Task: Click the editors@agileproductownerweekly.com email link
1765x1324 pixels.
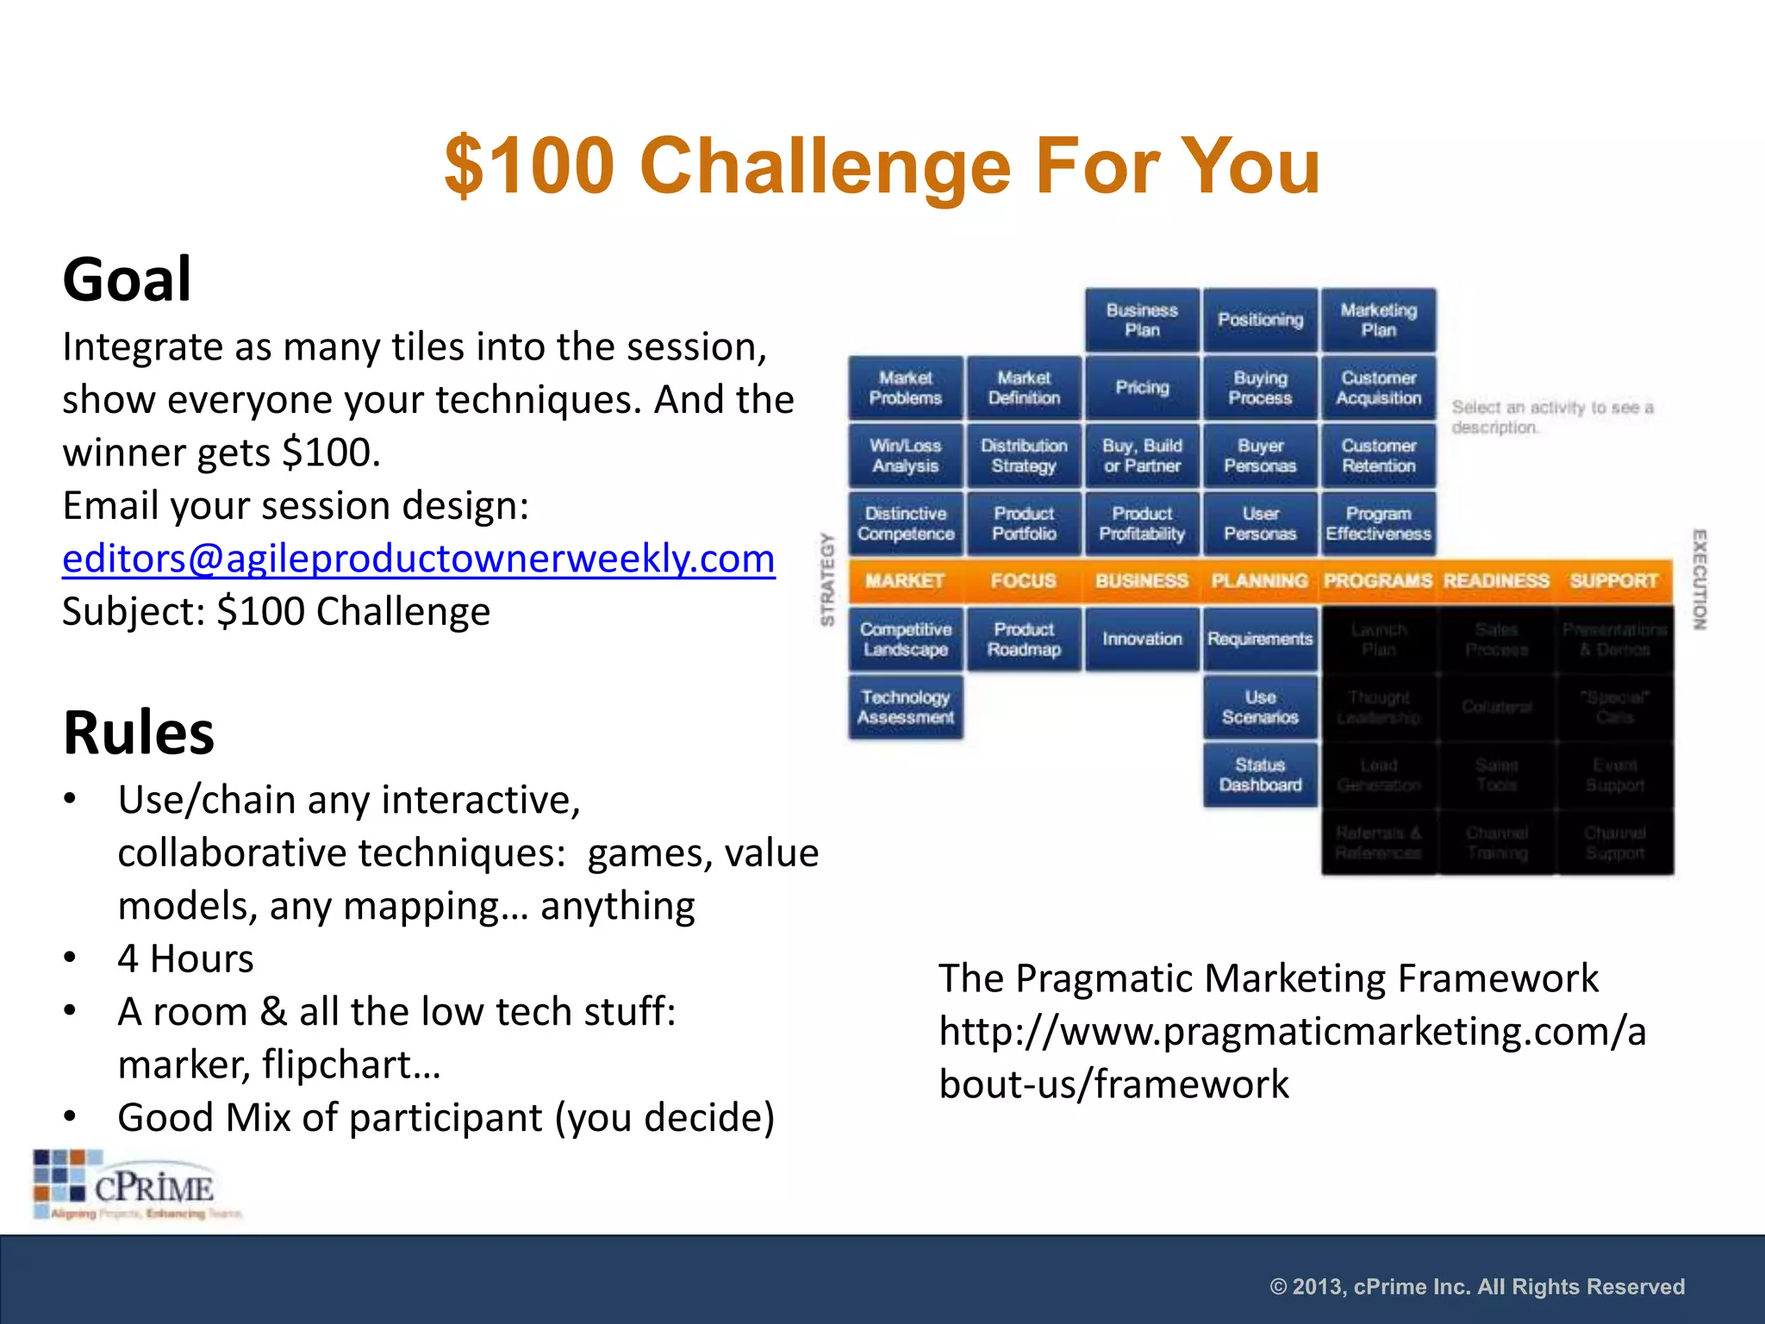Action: pyautogui.click(x=419, y=559)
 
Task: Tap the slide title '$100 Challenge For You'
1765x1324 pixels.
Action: pyautogui.click(x=882, y=165)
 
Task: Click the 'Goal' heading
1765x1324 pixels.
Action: pyautogui.click(x=127, y=280)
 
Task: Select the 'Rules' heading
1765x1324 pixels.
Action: pyautogui.click(x=139, y=733)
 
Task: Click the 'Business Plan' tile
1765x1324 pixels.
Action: pyautogui.click(x=1142, y=320)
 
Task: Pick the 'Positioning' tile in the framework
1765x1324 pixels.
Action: pyautogui.click(x=1260, y=320)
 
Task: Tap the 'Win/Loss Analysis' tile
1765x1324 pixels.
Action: pyautogui.click(x=905, y=456)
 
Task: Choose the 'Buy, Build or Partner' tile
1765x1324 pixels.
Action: pyautogui.click(x=1142, y=456)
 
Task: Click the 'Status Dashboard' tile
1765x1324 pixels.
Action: pyautogui.click(x=1260, y=775)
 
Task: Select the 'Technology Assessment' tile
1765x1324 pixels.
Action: pyautogui.click(x=905, y=707)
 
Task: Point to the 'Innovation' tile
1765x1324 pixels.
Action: pyautogui.click(x=1142, y=639)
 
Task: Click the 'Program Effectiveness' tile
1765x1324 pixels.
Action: pyautogui.click(x=1378, y=524)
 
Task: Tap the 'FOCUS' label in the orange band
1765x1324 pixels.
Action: pyautogui.click(x=1023, y=581)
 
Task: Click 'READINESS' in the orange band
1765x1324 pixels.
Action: pyautogui.click(x=1496, y=581)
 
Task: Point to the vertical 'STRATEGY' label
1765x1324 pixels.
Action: pyautogui.click(x=827, y=579)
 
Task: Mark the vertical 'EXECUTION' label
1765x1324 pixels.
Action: pyautogui.click(x=1699, y=579)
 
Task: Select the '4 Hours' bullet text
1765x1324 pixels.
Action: pyautogui.click(x=185, y=959)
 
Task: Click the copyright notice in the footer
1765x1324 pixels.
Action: pyautogui.click(x=1476, y=1287)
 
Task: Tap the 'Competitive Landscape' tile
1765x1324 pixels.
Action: pyautogui.click(x=905, y=640)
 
